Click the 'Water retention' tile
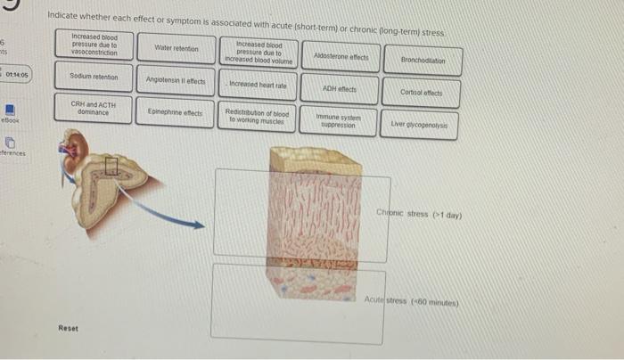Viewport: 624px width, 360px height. point(177,47)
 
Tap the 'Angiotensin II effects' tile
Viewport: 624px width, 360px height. point(176,81)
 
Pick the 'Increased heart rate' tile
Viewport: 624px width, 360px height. point(258,86)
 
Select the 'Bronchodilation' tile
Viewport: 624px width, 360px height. point(423,61)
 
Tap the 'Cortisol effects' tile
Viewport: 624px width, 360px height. point(423,93)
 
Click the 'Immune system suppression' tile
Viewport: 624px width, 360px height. point(340,121)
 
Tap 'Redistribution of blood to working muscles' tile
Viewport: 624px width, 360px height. point(258,117)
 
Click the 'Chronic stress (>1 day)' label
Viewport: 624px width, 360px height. point(418,214)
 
